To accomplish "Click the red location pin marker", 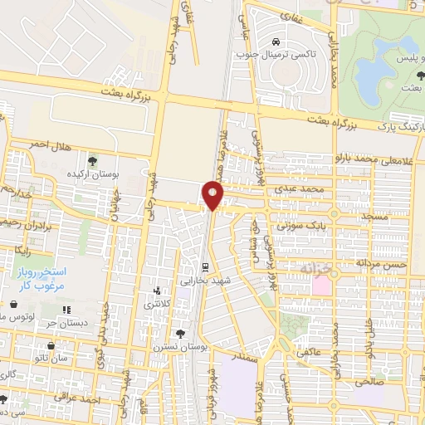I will [x=213, y=195].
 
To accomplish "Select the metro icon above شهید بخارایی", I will [x=205, y=267].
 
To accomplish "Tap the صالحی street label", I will [x=365, y=383].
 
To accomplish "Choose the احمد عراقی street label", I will [x=78, y=400].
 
